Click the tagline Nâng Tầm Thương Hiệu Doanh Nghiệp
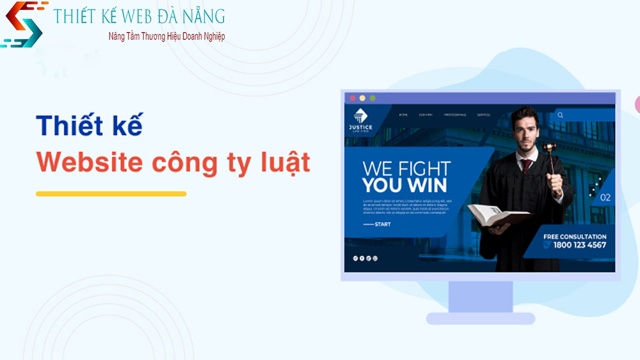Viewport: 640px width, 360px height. point(166,36)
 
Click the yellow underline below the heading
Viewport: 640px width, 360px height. point(111,193)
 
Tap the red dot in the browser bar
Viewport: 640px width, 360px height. point(352,98)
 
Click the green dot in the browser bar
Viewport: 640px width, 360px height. point(372,98)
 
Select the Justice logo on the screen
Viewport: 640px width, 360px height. point(360,120)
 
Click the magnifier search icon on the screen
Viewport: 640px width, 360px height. point(560,115)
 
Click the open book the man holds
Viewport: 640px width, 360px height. point(497,214)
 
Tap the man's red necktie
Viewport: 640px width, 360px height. point(526,165)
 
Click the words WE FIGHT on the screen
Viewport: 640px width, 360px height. point(406,168)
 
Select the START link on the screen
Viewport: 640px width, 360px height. point(382,224)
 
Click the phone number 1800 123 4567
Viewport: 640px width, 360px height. point(579,245)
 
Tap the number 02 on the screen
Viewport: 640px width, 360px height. point(605,197)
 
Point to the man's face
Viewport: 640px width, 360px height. point(524,130)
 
